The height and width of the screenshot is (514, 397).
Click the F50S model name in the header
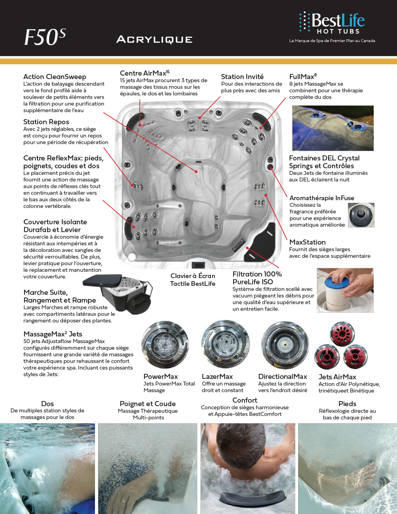(45, 37)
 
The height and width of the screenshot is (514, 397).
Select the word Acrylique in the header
(155, 39)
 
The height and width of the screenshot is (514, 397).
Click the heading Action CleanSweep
(54, 77)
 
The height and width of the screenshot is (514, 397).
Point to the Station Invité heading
(242, 77)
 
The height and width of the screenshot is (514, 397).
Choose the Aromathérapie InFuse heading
(321, 198)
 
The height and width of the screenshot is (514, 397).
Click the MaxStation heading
(307, 242)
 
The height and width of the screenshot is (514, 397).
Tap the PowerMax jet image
(165, 345)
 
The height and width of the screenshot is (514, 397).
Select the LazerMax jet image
(225, 345)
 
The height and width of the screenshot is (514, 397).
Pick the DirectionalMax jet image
(285, 345)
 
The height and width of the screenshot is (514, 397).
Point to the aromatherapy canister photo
(361, 215)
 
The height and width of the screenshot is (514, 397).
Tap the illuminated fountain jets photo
(333, 128)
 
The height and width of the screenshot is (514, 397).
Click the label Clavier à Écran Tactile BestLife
(193, 280)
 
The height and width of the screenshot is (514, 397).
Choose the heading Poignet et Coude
(148, 404)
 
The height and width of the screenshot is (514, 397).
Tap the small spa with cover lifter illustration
(119, 292)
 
